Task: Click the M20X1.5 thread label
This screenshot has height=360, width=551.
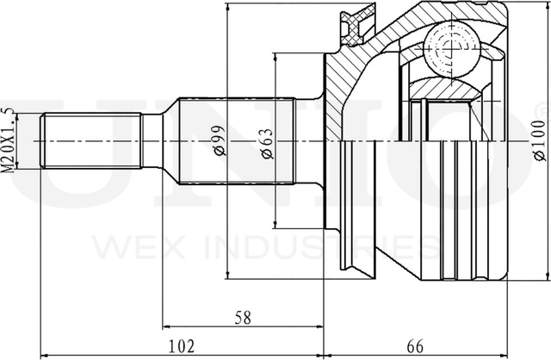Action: click(x=9, y=140)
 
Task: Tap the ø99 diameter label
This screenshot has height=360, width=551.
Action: click(x=220, y=140)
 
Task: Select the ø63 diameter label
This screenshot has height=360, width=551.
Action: click(x=266, y=144)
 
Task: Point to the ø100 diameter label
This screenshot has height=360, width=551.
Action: click(x=540, y=140)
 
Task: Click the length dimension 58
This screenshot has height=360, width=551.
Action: click(x=243, y=318)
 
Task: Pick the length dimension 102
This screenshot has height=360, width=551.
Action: click(x=182, y=346)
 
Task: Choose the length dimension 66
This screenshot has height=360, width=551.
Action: click(x=415, y=346)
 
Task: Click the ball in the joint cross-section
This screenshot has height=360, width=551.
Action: click(x=451, y=49)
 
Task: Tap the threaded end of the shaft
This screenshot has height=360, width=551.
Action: click(x=91, y=140)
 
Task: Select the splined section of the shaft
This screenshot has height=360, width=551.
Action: click(x=237, y=140)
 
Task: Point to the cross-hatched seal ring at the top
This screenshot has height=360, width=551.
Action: click(x=356, y=23)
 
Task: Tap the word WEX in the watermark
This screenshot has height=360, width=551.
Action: click(x=139, y=247)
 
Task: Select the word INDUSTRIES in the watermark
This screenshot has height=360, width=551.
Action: click(x=321, y=247)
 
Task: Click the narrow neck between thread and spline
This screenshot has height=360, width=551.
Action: click(x=152, y=140)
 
